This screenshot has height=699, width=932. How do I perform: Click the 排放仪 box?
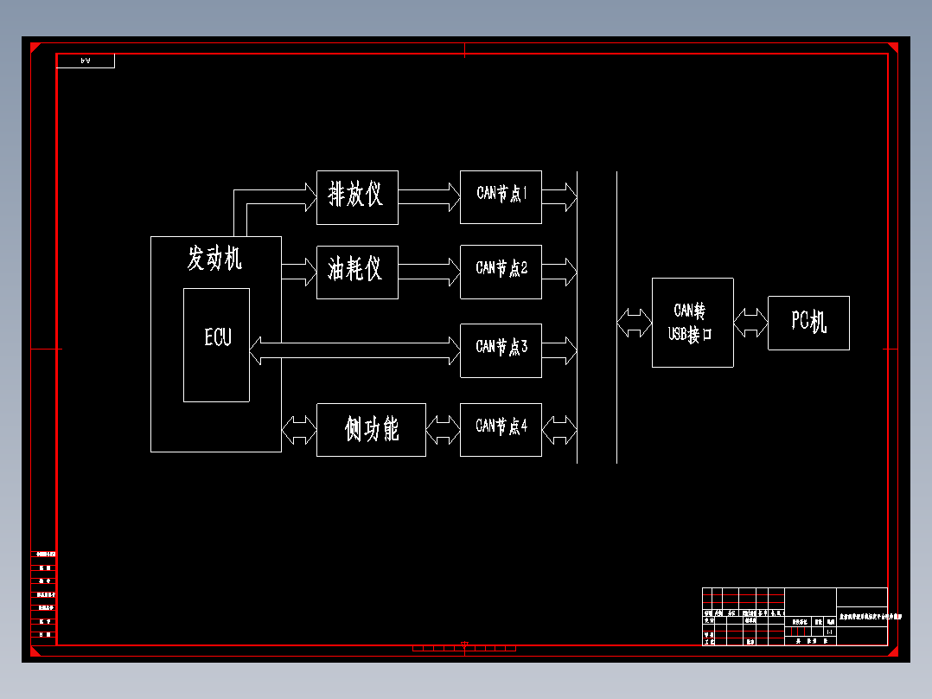[357, 197]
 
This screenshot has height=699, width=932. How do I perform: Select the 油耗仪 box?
[357, 272]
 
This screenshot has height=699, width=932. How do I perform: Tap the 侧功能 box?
[371, 429]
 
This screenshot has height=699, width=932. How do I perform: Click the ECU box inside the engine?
[216, 344]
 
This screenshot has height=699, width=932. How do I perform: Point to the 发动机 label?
[214, 258]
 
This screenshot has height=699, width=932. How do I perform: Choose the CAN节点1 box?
[501, 196]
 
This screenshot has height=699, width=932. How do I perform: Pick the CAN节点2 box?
[501, 272]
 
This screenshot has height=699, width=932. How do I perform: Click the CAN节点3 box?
[501, 350]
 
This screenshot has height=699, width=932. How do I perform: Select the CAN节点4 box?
[501, 429]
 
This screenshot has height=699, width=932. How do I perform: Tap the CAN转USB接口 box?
[693, 323]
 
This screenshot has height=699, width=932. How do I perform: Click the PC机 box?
[808, 323]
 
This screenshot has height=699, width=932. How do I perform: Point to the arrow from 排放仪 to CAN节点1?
[429, 196]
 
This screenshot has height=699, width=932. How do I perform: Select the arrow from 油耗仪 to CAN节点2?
[429, 272]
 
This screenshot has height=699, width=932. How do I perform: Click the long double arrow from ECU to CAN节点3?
[354, 350]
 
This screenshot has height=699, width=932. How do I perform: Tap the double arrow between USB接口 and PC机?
[750, 324]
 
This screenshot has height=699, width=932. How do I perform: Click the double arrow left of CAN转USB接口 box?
[635, 324]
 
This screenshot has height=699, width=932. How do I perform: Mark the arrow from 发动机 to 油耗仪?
[299, 272]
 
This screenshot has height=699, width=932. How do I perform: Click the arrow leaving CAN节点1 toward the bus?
[559, 196]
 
